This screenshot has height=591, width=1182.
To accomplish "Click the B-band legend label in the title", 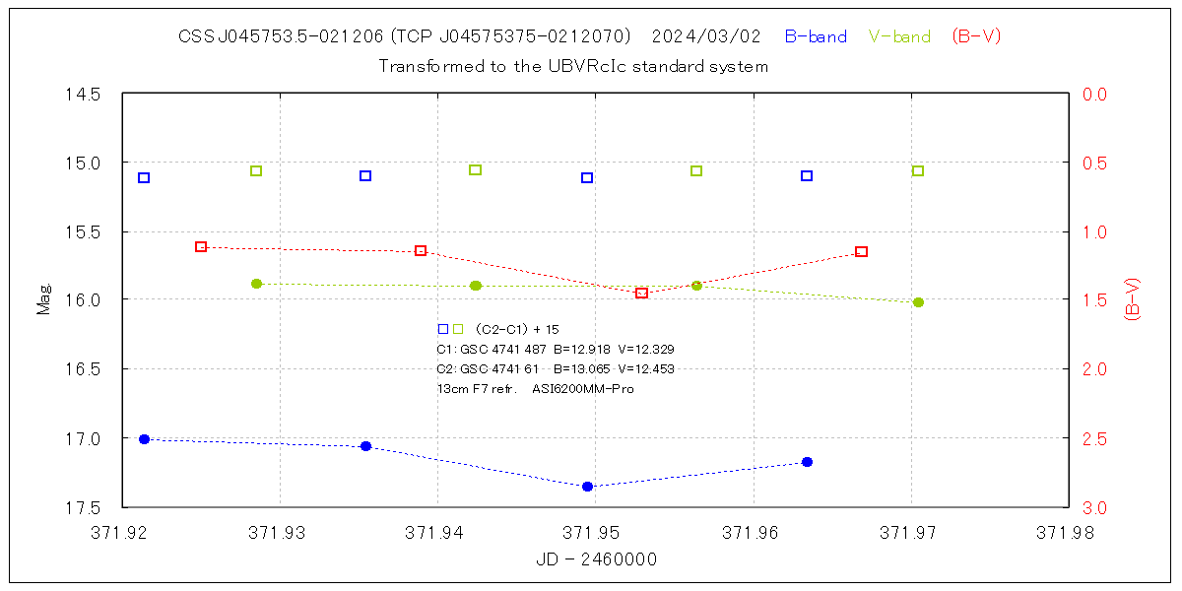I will (816, 36).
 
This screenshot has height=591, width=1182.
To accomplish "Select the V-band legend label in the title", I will (899, 36).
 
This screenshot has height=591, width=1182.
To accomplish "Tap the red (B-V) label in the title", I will (976, 36).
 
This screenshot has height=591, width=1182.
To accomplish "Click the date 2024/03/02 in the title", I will (706, 36).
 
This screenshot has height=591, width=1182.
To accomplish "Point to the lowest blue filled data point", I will (588, 487).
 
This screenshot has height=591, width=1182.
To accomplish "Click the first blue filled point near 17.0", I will (144, 439).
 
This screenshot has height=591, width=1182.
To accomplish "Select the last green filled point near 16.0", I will (918, 302).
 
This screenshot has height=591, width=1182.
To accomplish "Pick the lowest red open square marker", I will (641, 293).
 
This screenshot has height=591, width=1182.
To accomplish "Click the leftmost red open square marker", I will (201, 246).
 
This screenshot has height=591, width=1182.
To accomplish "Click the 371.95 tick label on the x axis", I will (595, 533).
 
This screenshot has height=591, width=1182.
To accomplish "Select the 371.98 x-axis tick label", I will (1068, 533).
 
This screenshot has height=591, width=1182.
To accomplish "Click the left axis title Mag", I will (43, 300).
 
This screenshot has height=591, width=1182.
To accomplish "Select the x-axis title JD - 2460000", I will (596, 559).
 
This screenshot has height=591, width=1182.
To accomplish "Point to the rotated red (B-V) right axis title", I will (1132, 299).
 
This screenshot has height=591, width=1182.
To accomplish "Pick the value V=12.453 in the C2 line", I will (641, 368).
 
